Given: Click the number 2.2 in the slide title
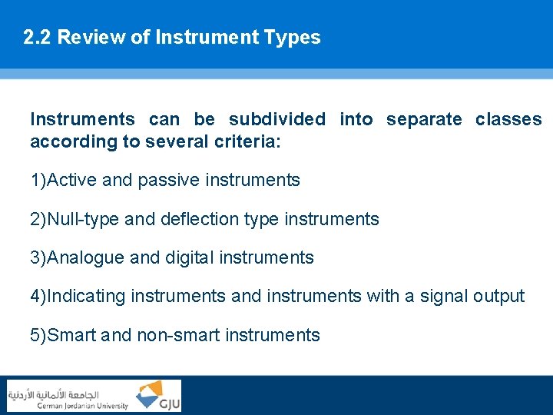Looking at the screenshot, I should tap(37, 38).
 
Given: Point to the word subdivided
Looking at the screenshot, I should tap(276, 120).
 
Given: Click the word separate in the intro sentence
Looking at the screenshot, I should tap(424, 120).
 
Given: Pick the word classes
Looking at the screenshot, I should tap(508, 120).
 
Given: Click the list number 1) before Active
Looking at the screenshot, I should tap(38, 181).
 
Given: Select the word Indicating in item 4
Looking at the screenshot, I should tap(87, 297).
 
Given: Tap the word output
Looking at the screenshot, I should tap(498, 297).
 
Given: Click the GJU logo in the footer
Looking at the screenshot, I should tap(158, 396).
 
